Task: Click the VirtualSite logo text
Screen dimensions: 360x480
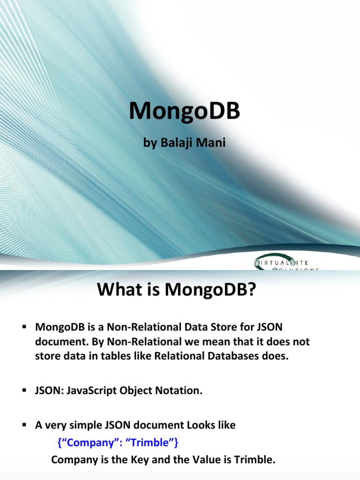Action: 281,263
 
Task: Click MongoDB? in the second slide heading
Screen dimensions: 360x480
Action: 210,290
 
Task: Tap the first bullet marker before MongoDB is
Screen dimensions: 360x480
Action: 24,327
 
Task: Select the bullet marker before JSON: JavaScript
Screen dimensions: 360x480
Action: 24,390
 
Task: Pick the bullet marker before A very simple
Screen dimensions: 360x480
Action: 24,425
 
